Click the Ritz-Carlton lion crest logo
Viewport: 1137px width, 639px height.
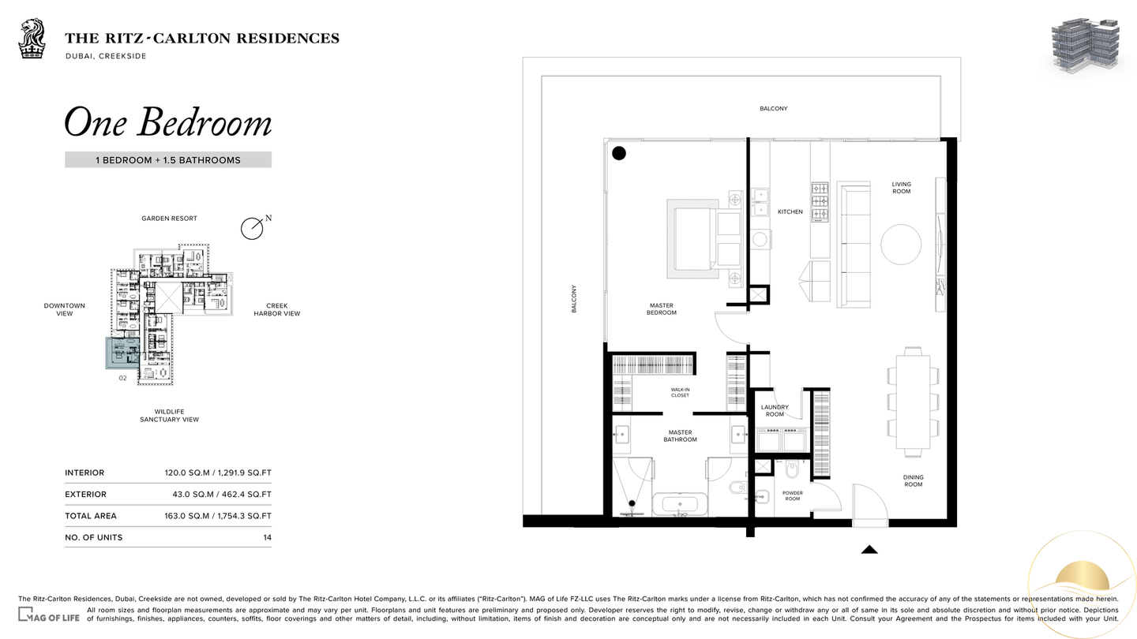click(32, 39)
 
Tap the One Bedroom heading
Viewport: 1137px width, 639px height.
click(168, 122)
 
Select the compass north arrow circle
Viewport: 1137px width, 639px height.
click(252, 229)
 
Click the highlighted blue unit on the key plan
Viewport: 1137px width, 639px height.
click(122, 353)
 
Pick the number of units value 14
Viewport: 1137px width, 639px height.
click(267, 537)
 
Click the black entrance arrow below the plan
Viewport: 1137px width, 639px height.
click(869, 549)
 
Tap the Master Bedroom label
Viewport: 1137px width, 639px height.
click(662, 309)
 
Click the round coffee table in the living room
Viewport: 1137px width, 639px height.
click(901, 245)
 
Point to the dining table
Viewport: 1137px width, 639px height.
click(913, 402)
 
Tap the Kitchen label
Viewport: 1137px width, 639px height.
click(790, 212)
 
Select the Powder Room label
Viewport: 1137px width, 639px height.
click(793, 495)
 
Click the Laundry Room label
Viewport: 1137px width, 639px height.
click(775, 410)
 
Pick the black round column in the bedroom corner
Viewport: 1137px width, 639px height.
click(619, 153)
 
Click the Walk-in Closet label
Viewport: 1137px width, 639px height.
click(680, 393)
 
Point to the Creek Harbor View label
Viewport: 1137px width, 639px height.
click(277, 309)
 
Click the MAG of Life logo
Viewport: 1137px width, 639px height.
click(49, 615)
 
